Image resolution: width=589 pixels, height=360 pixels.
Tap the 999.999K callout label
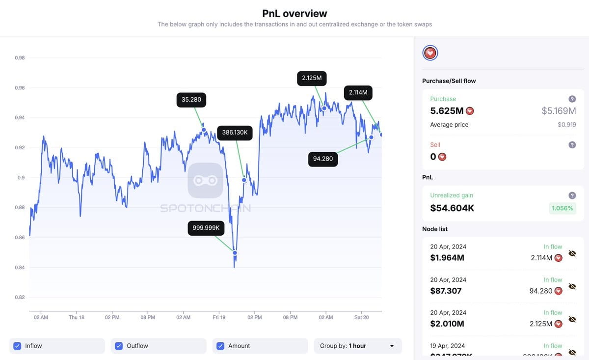click(206, 228)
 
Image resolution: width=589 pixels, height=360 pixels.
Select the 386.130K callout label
click(235, 133)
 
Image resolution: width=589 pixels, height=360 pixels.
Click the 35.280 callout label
click(191, 100)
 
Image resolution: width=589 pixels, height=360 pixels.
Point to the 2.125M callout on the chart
click(312, 78)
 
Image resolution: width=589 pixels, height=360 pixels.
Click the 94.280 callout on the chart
click(322, 159)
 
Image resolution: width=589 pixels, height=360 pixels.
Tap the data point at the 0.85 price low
click(235, 253)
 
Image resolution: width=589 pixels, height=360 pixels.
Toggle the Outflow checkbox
click(119, 346)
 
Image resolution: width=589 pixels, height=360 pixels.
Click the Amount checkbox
click(220, 346)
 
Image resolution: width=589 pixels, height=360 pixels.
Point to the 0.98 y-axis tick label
click(20, 58)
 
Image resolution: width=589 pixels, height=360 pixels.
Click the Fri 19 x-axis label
click(219, 317)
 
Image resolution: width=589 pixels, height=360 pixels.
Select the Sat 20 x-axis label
click(361, 317)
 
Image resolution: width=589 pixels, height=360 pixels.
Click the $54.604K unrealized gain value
click(452, 208)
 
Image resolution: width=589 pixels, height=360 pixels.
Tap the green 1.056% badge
click(562, 208)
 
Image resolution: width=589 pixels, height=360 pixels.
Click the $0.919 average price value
click(567, 125)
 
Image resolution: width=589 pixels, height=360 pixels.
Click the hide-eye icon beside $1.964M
click(572, 253)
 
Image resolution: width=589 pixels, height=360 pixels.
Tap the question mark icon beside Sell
click(572, 145)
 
